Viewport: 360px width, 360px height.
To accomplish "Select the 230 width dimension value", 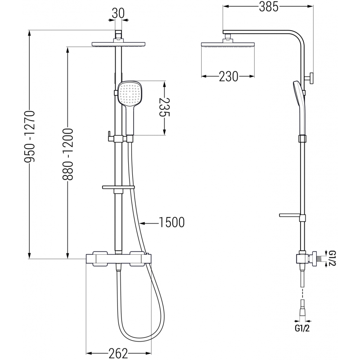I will coord(228,76).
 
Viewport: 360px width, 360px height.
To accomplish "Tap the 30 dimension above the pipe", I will coord(118,13).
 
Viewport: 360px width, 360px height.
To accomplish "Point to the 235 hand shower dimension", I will coord(164,108).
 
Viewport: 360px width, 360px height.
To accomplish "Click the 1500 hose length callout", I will coord(171,222).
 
